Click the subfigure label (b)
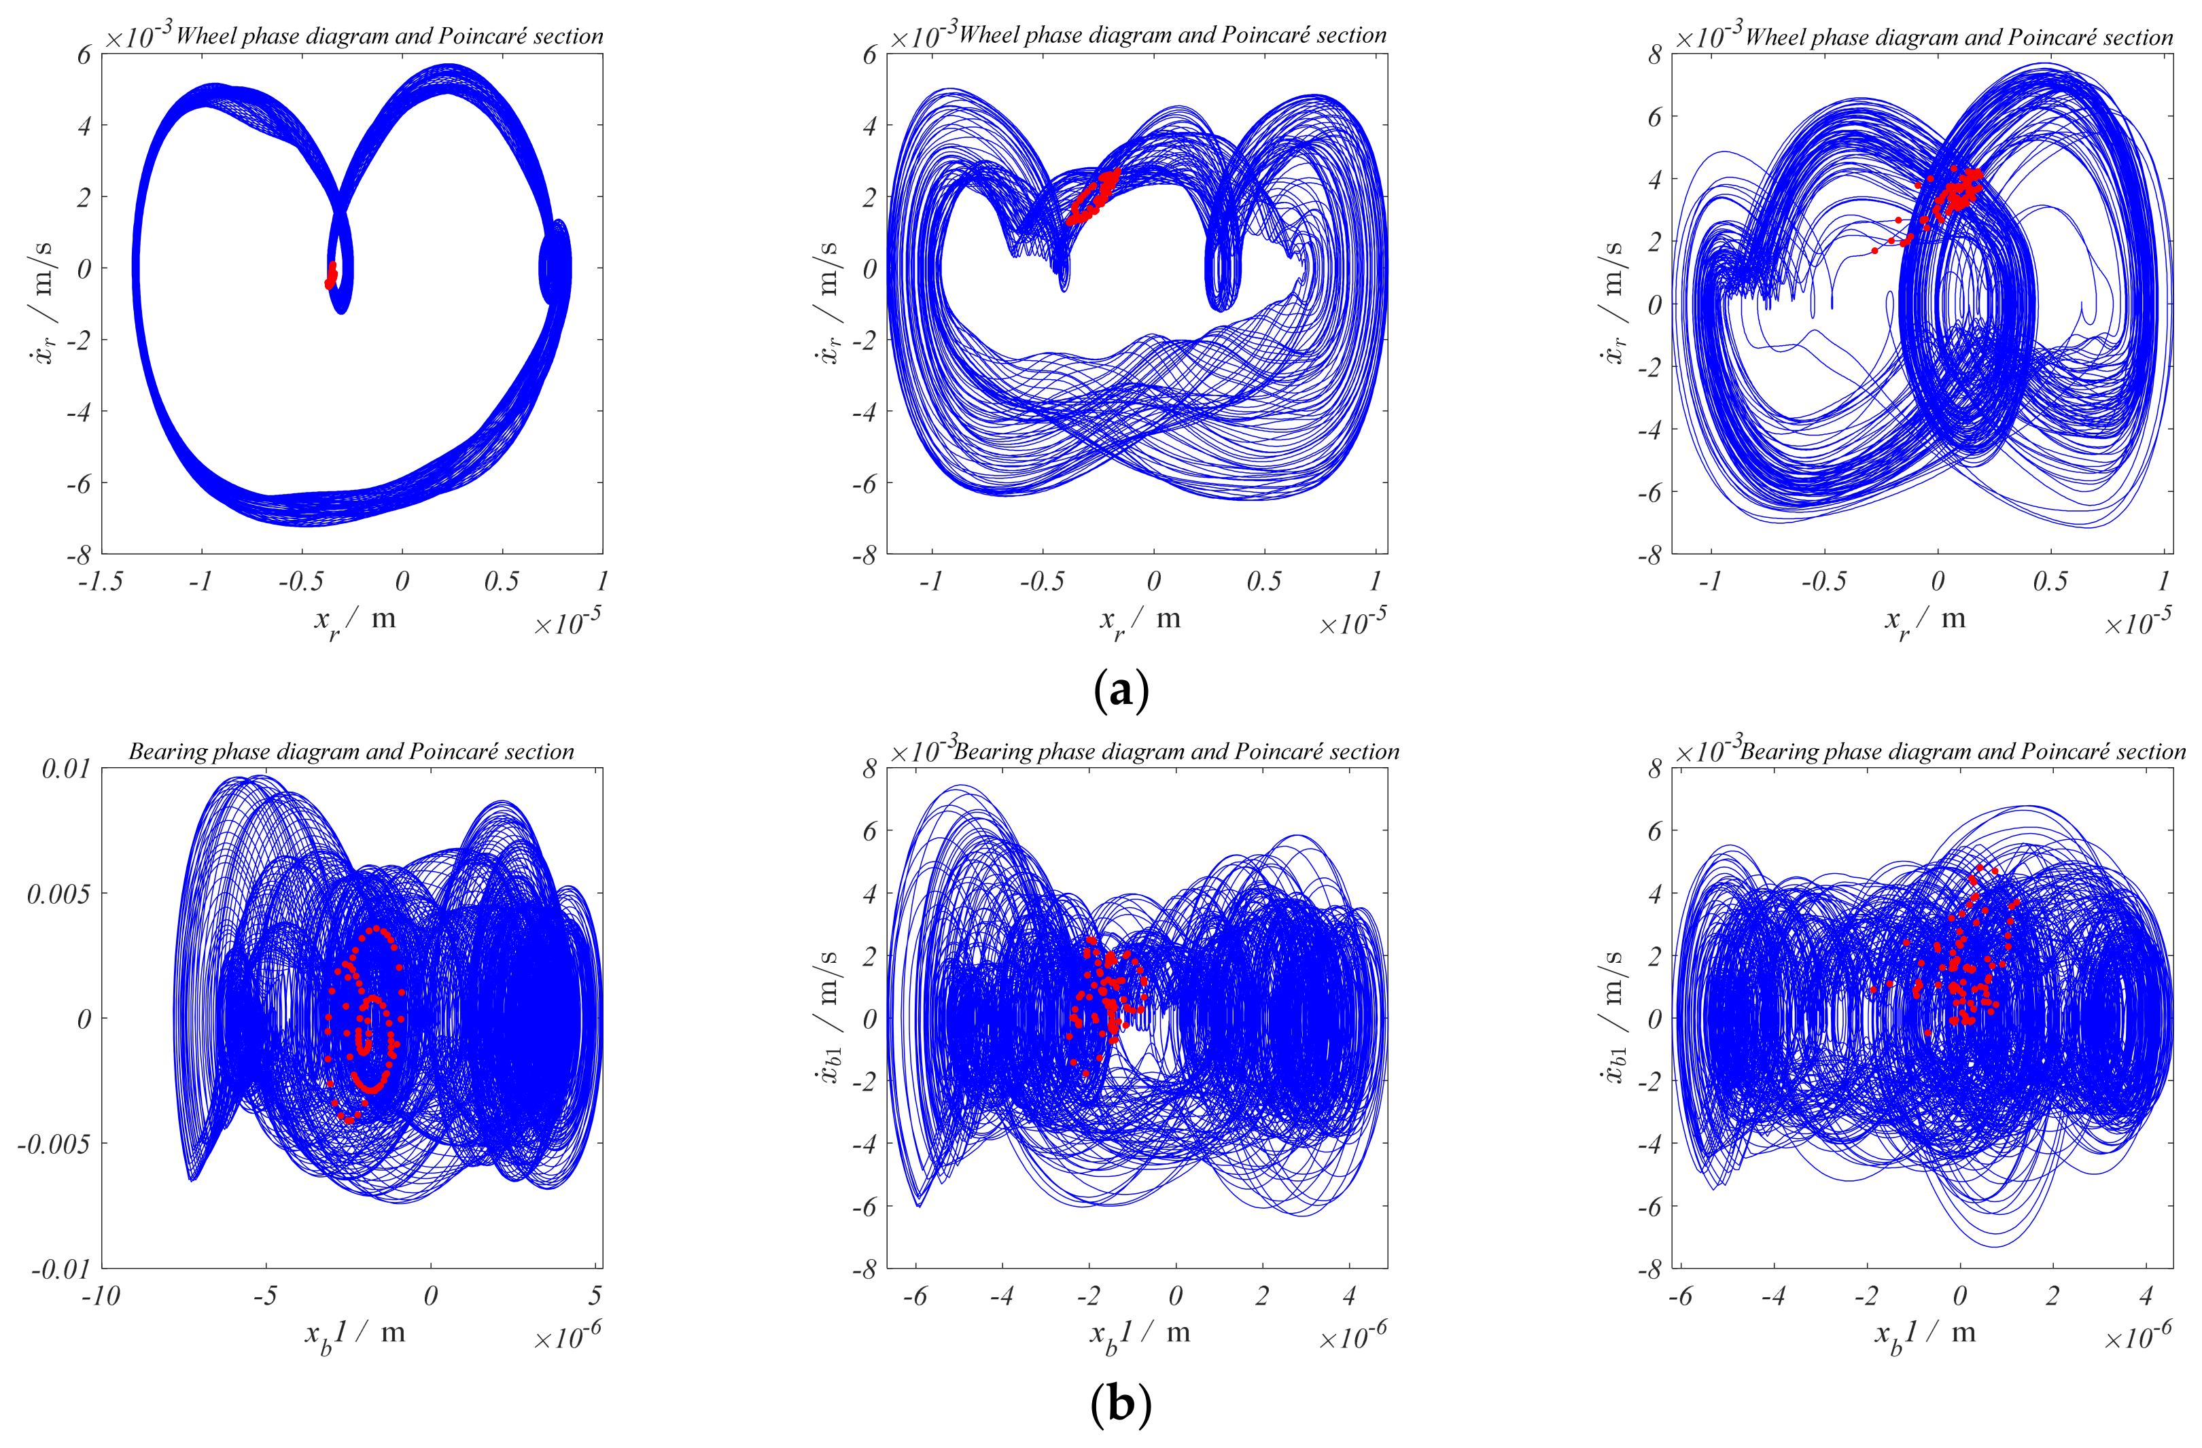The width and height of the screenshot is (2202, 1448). (1121, 1405)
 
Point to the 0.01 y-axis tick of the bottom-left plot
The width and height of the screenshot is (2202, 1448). (67, 769)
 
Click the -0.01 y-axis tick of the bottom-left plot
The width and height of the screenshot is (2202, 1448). (61, 1269)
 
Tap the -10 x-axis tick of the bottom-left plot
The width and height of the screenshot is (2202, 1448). (101, 1295)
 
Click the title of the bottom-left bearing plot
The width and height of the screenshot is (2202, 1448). (351, 752)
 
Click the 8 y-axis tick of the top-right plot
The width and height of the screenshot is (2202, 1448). (1654, 54)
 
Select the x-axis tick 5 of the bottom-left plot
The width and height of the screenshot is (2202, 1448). (595, 1295)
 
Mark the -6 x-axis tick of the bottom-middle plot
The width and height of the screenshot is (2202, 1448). (915, 1295)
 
